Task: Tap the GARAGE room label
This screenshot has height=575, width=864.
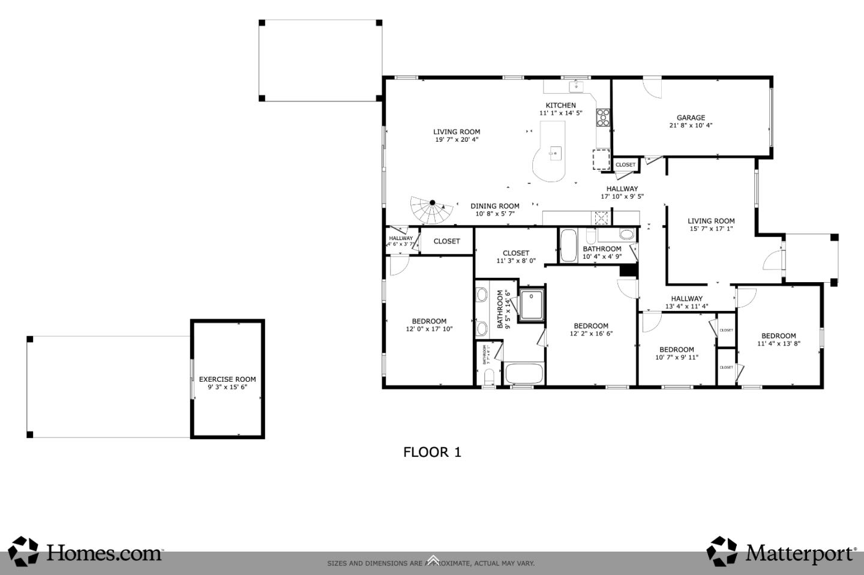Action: [691, 118]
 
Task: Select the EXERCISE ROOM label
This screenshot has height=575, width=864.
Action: [227, 379]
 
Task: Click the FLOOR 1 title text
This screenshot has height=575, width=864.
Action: [432, 452]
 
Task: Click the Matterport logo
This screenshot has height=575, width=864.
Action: [782, 552]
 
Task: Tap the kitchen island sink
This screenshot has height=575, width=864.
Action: [555, 152]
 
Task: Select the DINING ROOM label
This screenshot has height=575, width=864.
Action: [495, 206]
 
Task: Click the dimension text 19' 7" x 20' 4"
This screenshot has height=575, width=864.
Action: [457, 140]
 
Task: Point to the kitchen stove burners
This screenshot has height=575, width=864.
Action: [603, 116]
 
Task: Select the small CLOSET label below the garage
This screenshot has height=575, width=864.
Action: [625, 164]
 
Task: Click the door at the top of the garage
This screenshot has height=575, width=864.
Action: [652, 87]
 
